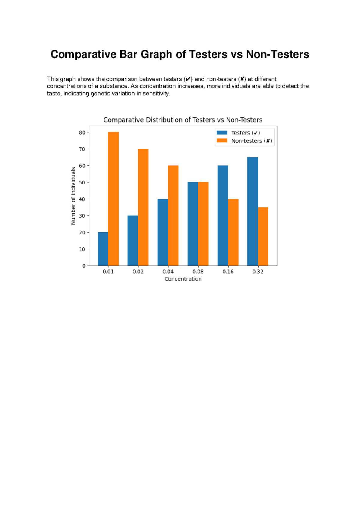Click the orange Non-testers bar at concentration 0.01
113,199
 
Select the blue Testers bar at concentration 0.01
103,249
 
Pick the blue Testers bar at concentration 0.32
253,211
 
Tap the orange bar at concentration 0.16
233,232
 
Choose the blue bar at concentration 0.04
163,232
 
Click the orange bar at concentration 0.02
143,207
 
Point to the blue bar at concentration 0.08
193,224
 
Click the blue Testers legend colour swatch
222,133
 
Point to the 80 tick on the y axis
82,132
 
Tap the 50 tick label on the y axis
82,182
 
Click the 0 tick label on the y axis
84,266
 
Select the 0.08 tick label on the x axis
198,272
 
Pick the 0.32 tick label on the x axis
258,272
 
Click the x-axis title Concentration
183,279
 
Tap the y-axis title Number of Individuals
73,196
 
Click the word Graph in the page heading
156,54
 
